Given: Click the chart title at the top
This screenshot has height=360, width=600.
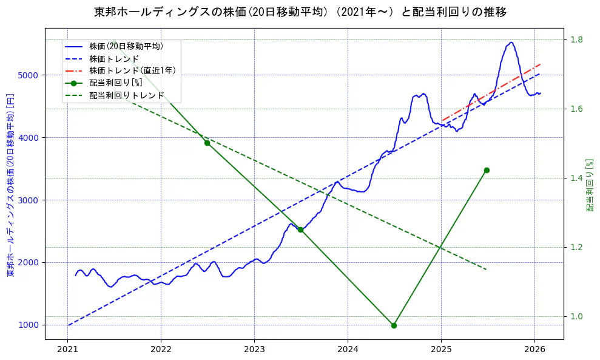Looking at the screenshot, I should [x=300, y=12].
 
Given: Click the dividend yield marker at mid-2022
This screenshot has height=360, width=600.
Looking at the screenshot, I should [x=207, y=143].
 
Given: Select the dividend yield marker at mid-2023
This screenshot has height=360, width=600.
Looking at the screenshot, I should [x=300, y=229].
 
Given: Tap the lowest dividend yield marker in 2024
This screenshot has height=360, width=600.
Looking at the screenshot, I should [x=394, y=325].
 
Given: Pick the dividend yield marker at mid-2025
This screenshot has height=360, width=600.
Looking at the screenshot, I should [x=487, y=170].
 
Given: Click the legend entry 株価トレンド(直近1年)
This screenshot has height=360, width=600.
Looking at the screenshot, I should [x=132, y=70].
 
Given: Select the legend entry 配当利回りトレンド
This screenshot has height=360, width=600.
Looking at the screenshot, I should [x=126, y=95].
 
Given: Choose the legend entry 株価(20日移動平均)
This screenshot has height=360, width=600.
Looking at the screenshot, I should [x=126, y=46].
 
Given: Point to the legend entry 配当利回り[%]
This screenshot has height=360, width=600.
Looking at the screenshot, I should [x=115, y=83].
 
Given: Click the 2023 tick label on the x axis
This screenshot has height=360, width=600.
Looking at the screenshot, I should [x=254, y=350].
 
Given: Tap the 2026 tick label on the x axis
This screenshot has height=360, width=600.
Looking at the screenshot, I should [x=534, y=350].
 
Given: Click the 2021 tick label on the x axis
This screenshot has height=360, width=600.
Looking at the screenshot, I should [x=68, y=350].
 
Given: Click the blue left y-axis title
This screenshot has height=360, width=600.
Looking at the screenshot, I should [x=10, y=185].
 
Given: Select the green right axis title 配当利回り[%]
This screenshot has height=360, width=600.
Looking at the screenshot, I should [x=589, y=185].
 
